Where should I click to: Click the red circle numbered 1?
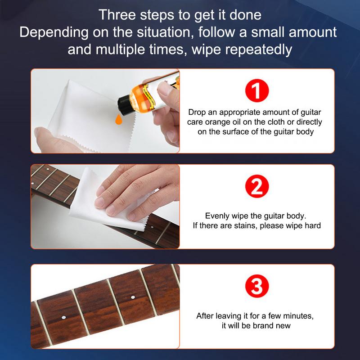click(x=256, y=90)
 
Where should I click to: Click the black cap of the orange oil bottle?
click(x=122, y=105)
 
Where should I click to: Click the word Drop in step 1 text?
click(x=197, y=112)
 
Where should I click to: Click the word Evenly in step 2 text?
click(x=217, y=216)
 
